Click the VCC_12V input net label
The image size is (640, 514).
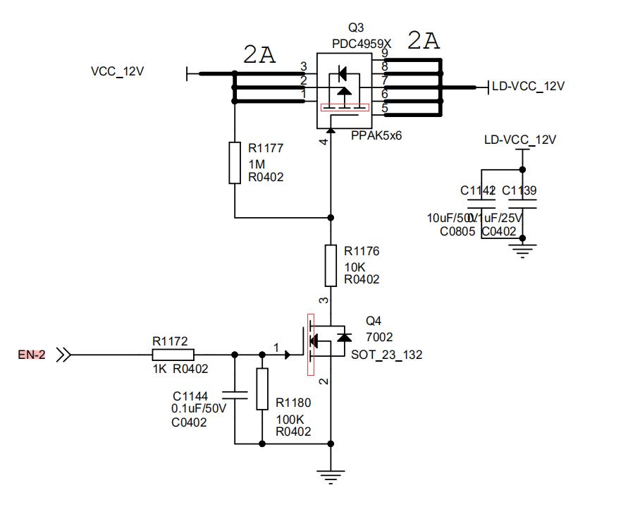(118, 72)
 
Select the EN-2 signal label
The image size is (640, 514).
(31, 355)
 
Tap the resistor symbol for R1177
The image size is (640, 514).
(235, 163)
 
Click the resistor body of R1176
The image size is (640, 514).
(331, 264)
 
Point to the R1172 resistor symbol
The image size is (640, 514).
(171, 355)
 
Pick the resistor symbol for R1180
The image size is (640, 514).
(262, 388)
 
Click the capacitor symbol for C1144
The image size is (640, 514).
(235, 396)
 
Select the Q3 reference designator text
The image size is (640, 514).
(357, 28)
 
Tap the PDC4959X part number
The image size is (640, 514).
(362, 43)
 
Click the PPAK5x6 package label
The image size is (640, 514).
(376, 135)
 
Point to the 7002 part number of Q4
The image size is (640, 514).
(379, 337)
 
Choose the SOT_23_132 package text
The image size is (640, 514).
(387, 355)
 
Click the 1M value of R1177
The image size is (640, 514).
(257, 164)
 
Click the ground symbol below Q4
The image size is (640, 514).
(331, 477)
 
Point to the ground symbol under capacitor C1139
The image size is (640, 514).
(522, 249)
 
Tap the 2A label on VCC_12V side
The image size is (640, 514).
(259, 54)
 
